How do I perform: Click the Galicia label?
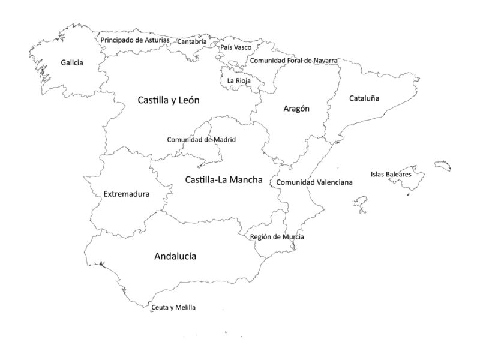click(x=72, y=62)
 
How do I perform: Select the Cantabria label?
click(x=192, y=42)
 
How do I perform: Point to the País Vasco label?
click(x=236, y=47)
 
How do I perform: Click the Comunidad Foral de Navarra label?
click(x=293, y=61)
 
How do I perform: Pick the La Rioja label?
click(x=239, y=80)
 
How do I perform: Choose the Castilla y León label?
click(x=169, y=100)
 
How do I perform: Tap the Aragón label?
click(x=296, y=109)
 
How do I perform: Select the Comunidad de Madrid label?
click(x=202, y=140)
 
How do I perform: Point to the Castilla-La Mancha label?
click(x=224, y=179)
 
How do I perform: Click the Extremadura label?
click(x=127, y=194)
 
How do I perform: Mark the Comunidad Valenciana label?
click(x=314, y=182)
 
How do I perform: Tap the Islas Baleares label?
click(x=391, y=175)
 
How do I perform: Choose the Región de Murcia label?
click(x=277, y=237)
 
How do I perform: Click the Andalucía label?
click(x=175, y=256)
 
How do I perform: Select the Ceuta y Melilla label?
click(x=173, y=307)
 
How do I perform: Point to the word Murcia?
click(x=291, y=237)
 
